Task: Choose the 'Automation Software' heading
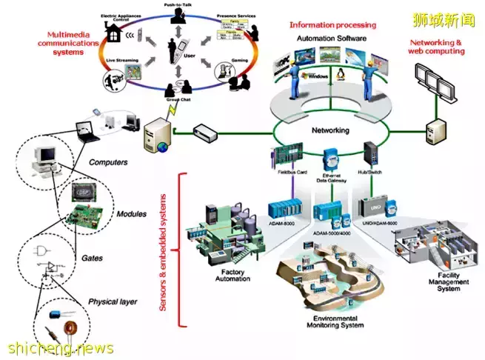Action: click(x=332, y=37)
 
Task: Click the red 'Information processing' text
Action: click(x=333, y=24)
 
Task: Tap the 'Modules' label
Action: click(x=132, y=214)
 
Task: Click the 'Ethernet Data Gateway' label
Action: click(x=330, y=177)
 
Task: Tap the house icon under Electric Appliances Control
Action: click(x=116, y=33)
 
